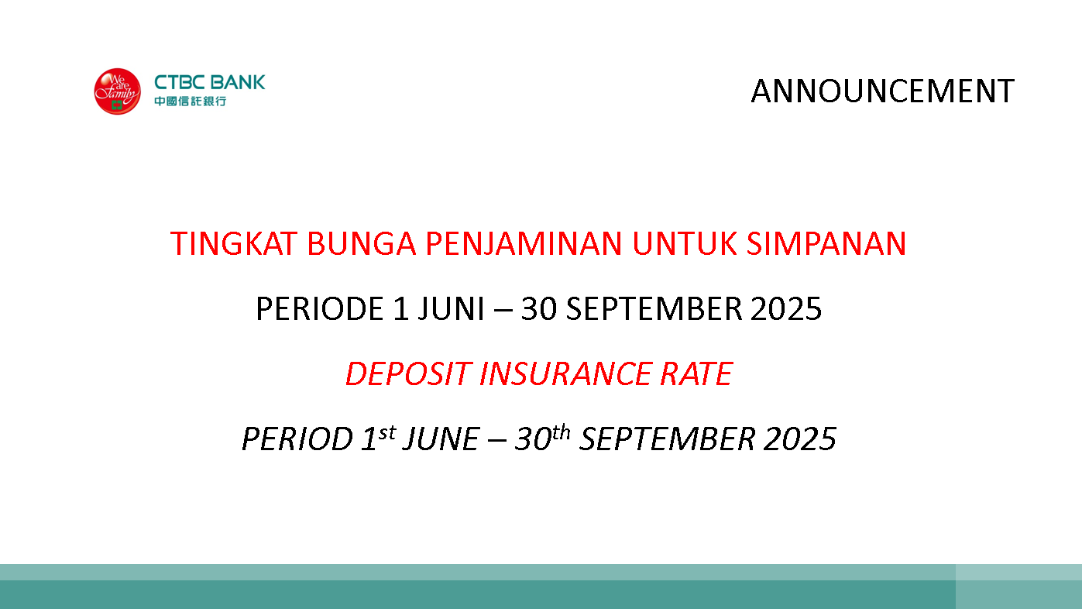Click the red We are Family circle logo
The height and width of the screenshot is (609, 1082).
pyautogui.click(x=118, y=91)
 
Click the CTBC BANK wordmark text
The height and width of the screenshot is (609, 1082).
pyautogui.click(x=210, y=82)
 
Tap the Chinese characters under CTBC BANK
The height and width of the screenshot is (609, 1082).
pyautogui.click(x=191, y=101)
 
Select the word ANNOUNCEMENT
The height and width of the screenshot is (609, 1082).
pyautogui.click(x=882, y=91)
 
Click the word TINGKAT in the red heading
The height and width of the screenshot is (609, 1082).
pyautogui.click(x=234, y=243)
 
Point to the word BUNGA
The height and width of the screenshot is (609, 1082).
pyautogui.click(x=361, y=243)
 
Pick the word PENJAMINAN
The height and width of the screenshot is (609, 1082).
pyautogui.click(x=524, y=243)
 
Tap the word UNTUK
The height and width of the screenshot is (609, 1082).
pyautogui.click(x=685, y=243)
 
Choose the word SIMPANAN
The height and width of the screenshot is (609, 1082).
pyautogui.click(x=826, y=243)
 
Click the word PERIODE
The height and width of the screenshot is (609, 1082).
pyautogui.click(x=320, y=308)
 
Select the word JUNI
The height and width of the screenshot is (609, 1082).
pyautogui.click(x=451, y=308)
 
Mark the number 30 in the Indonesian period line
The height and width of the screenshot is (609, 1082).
pyautogui.click(x=538, y=308)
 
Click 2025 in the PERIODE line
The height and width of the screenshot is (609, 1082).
pyautogui.click(x=786, y=308)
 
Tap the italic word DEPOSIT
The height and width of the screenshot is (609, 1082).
pyautogui.click(x=409, y=373)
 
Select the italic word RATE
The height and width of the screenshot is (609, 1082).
pyautogui.click(x=696, y=373)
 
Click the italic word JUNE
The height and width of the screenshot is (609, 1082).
pyautogui.click(x=441, y=439)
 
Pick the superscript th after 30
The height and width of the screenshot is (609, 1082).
pyautogui.click(x=562, y=432)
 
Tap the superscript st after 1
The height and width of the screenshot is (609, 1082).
pyautogui.click(x=387, y=433)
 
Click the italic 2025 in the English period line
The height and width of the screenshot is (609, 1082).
pyautogui.click(x=800, y=439)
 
